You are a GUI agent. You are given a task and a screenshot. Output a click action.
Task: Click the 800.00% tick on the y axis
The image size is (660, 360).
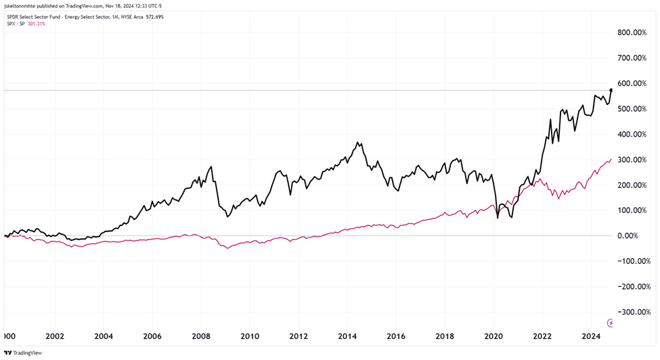[x=633, y=32]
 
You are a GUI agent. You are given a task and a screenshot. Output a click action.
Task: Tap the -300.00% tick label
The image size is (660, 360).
[x=632, y=312]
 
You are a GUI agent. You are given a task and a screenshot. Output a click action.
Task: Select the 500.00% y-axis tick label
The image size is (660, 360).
[x=633, y=109]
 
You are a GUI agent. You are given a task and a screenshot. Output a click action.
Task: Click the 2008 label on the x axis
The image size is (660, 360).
[x=201, y=336]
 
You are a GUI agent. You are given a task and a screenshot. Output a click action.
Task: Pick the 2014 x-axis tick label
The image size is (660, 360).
[x=348, y=336]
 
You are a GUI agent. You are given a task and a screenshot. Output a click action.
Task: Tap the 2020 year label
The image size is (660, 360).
[x=494, y=336]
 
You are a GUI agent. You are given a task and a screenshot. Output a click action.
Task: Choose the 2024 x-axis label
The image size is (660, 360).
[x=591, y=336]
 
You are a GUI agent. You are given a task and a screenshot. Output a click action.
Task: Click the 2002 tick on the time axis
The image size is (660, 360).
[x=55, y=336]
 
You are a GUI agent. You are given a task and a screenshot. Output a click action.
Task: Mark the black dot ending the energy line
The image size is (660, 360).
[x=611, y=90]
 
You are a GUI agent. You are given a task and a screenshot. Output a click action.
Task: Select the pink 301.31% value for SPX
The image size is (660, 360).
[x=37, y=24]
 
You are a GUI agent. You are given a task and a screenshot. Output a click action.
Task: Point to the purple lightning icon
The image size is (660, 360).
[x=612, y=323]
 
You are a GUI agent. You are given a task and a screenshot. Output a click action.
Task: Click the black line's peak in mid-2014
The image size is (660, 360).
[x=357, y=143]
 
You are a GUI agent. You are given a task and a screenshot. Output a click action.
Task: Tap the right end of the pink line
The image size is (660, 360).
[x=611, y=159]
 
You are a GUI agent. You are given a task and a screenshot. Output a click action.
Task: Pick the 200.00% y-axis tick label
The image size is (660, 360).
[x=633, y=185]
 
